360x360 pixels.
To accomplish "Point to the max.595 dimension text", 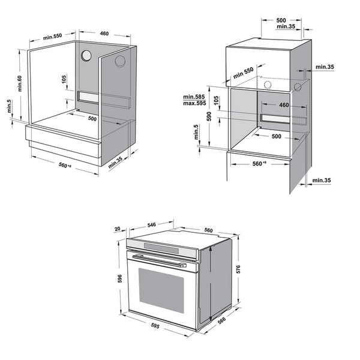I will (196, 103).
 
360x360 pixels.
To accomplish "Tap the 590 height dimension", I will (209, 116).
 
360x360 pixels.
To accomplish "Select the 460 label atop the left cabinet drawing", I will (104, 34).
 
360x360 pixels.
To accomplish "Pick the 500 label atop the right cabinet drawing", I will (281, 20).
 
